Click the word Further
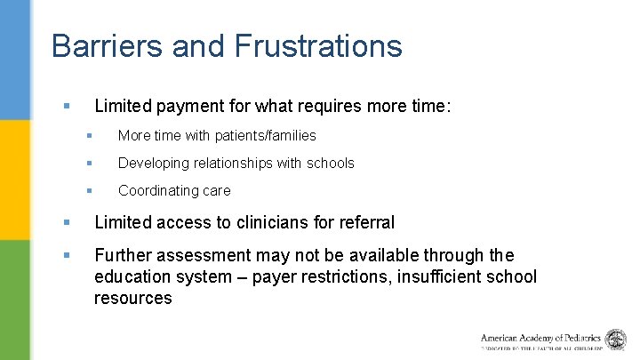(x=123, y=256)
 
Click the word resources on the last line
(x=132, y=298)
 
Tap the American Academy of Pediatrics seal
(x=615, y=339)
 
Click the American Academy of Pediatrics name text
(x=541, y=338)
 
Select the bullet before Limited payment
(x=67, y=106)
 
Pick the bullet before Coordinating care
(x=89, y=190)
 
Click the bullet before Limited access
(x=67, y=222)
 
